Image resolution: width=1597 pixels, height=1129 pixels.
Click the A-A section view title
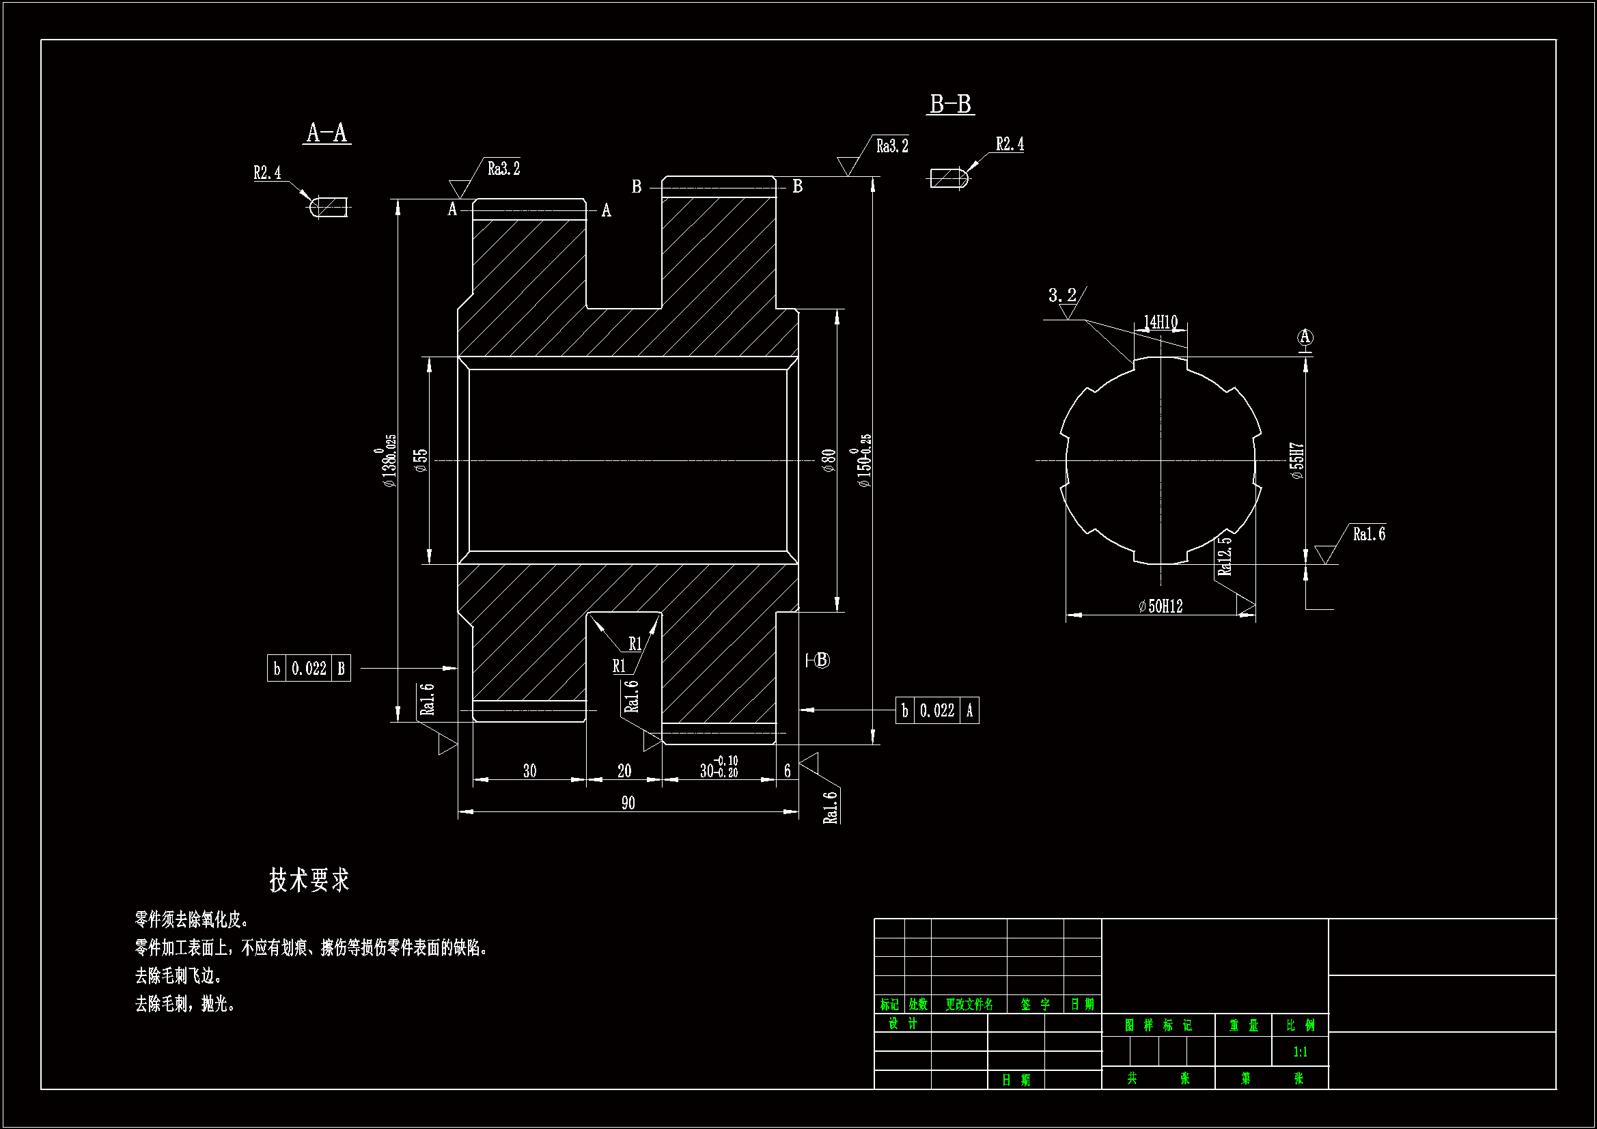pyautogui.click(x=327, y=133)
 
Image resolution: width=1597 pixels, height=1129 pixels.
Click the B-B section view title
pyautogui.click(x=950, y=104)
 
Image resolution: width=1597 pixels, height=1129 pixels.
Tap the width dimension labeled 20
pyautogui.click(x=624, y=770)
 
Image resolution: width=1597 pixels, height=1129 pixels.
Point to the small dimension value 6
pyautogui.click(x=787, y=770)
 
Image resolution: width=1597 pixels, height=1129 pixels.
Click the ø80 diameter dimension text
pyautogui.click(x=828, y=460)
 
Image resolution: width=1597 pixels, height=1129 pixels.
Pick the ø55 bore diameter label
pyautogui.click(x=421, y=460)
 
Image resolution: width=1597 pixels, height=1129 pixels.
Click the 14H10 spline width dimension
pyautogui.click(x=1161, y=322)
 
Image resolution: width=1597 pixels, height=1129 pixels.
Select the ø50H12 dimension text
pyautogui.click(x=1161, y=607)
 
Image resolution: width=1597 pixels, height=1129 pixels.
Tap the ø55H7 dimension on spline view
pyautogui.click(x=1297, y=460)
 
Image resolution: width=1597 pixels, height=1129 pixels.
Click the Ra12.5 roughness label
pyautogui.click(x=1225, y=555)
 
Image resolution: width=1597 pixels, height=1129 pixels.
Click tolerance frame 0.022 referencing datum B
pyautogui.click(x=309, y=669)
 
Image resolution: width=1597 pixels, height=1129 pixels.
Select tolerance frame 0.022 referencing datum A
pyautogui.click(x=937, y=711)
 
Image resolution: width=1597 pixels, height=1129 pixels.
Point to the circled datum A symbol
pyautogui.click(x=1305, y=337)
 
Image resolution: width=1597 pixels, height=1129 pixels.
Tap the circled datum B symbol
pyautogui.click(x=822, y=660)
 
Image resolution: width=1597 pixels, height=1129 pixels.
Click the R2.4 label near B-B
pyautogui.click(x=1010, y=144)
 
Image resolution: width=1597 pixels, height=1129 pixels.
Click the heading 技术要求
pyautogui.click(x=309, y=880)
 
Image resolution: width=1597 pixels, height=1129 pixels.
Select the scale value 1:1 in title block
pyautogui.click(x=1299, y=1052)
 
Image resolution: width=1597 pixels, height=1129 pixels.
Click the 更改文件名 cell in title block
pyautogui.click(x=968, y=1005)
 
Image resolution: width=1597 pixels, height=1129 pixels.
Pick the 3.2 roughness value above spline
pyautogui.click(x=1061, y=295)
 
